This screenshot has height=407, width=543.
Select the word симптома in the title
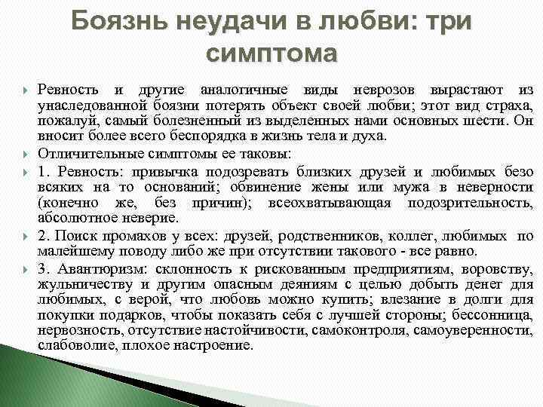tap(271, 54)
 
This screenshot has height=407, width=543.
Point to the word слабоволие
tap(69, 345)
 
